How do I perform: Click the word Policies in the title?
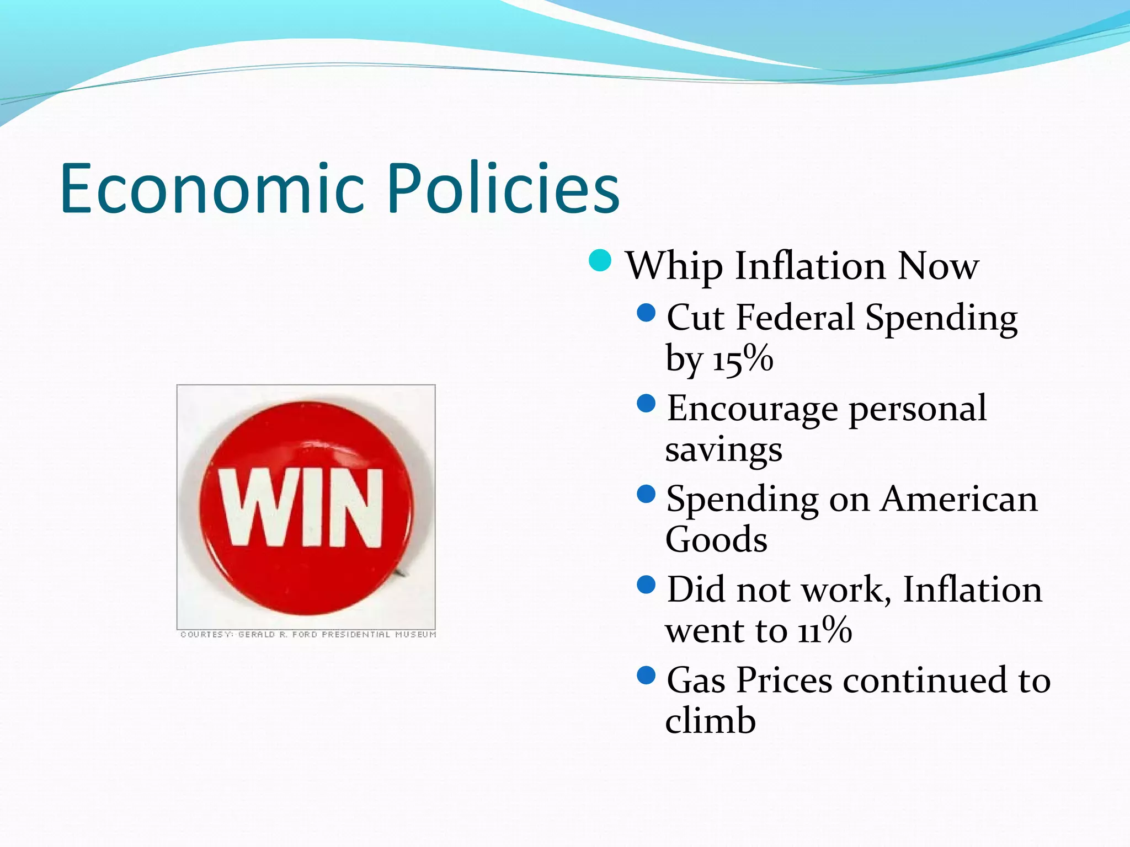(503, 189)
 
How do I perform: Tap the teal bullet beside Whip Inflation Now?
(600, 261)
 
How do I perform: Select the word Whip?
(674, 267)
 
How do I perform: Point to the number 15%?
(743, 359)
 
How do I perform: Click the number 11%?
(824, 630)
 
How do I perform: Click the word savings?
(723, 450)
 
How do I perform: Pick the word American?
(959, 500)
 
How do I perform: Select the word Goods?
(716, 540)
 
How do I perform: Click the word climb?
(710, 721)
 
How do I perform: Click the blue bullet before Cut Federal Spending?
(646, 313)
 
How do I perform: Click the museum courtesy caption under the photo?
(308, 635)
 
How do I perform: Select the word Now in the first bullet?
(938, 267)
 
